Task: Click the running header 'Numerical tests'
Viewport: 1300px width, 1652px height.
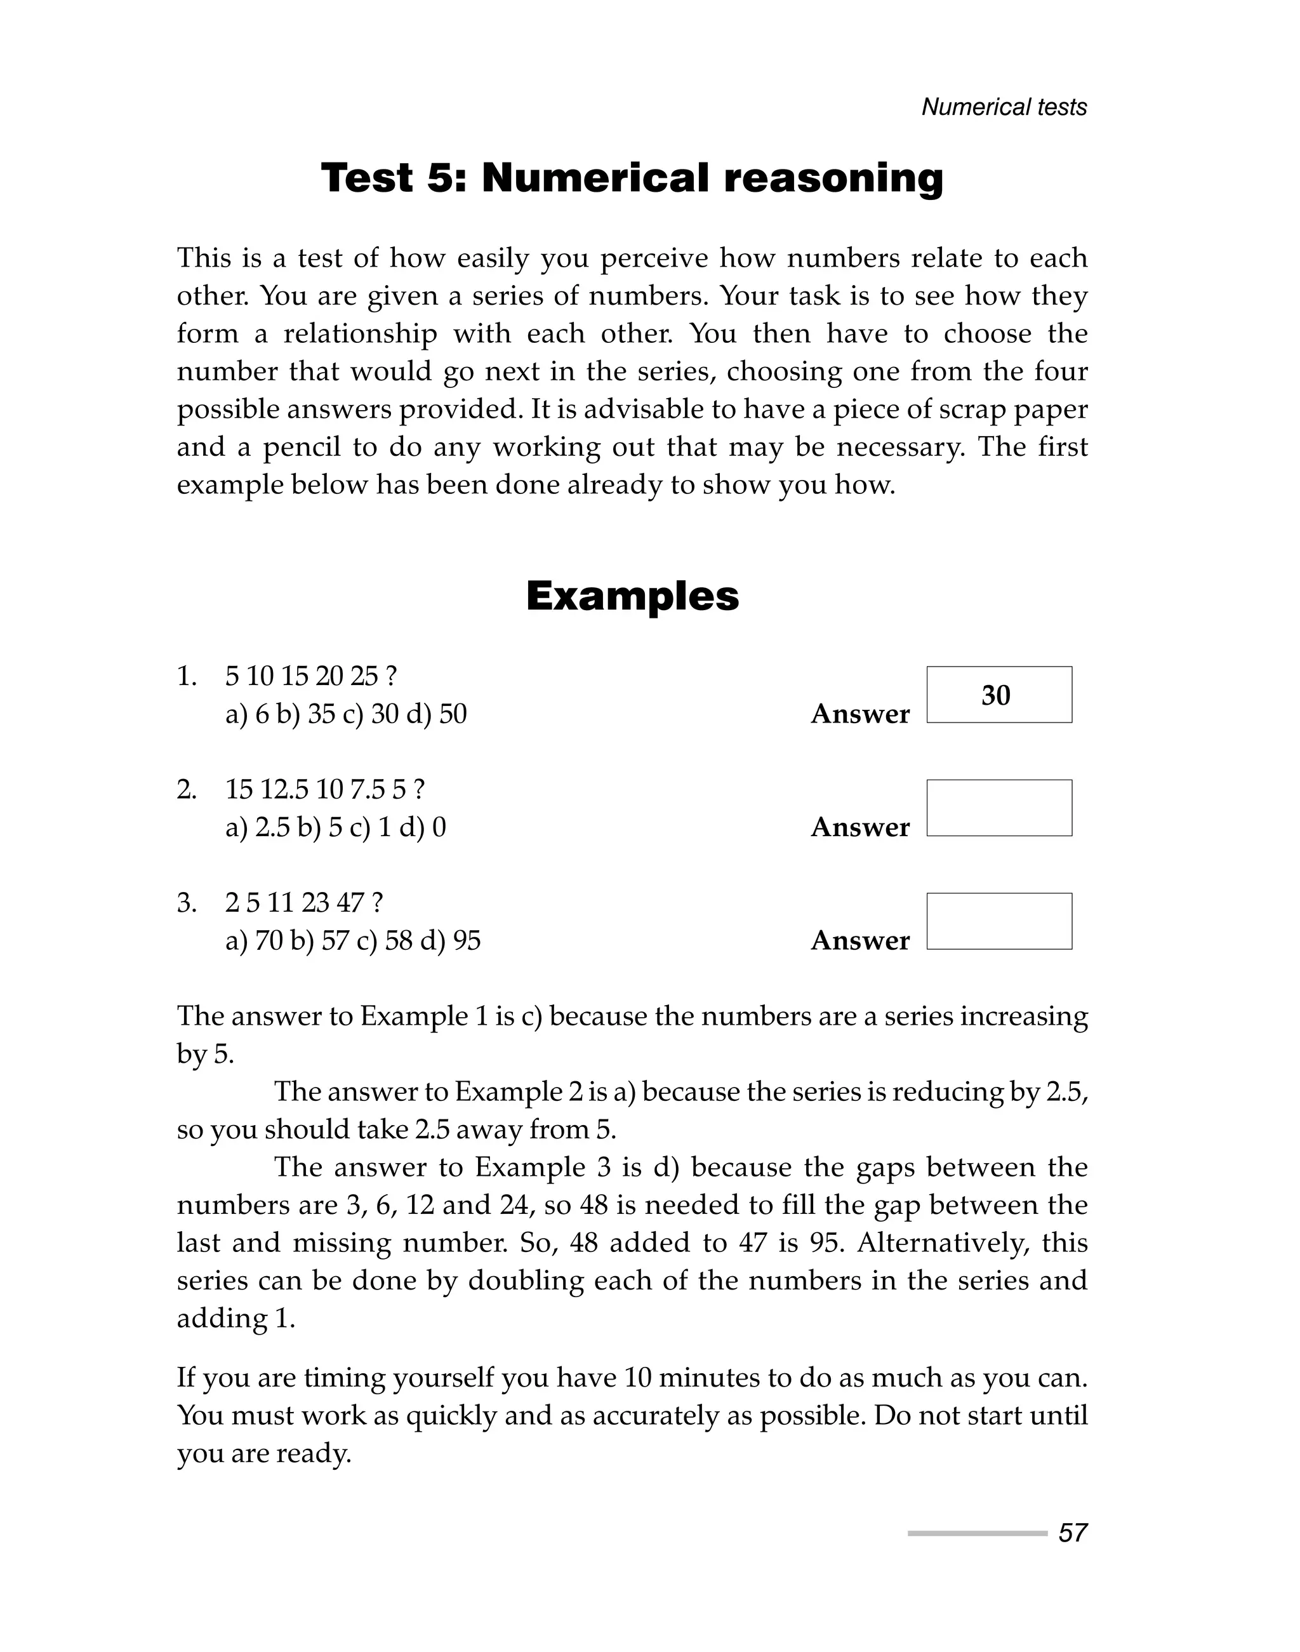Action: pyautogui.click(x=1004, y=107)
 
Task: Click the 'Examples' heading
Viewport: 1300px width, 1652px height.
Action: pyautogui.click(x=632, y=596)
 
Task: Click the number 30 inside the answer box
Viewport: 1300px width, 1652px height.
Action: pyautogui.click(x=995, y=695)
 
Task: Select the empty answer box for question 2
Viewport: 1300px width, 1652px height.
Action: pyautogui.click(x=998, y=808)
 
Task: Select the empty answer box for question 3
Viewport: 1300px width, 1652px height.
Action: pyautogui.click(x=998, y=921)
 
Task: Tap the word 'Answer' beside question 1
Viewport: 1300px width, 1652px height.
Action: pyautogui.click(x=859, y=714)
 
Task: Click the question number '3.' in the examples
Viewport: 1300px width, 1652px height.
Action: pyautogui.click(x=187, y=903)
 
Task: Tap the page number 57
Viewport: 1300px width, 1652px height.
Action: pyautogui.click(x=1071, y=1533)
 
